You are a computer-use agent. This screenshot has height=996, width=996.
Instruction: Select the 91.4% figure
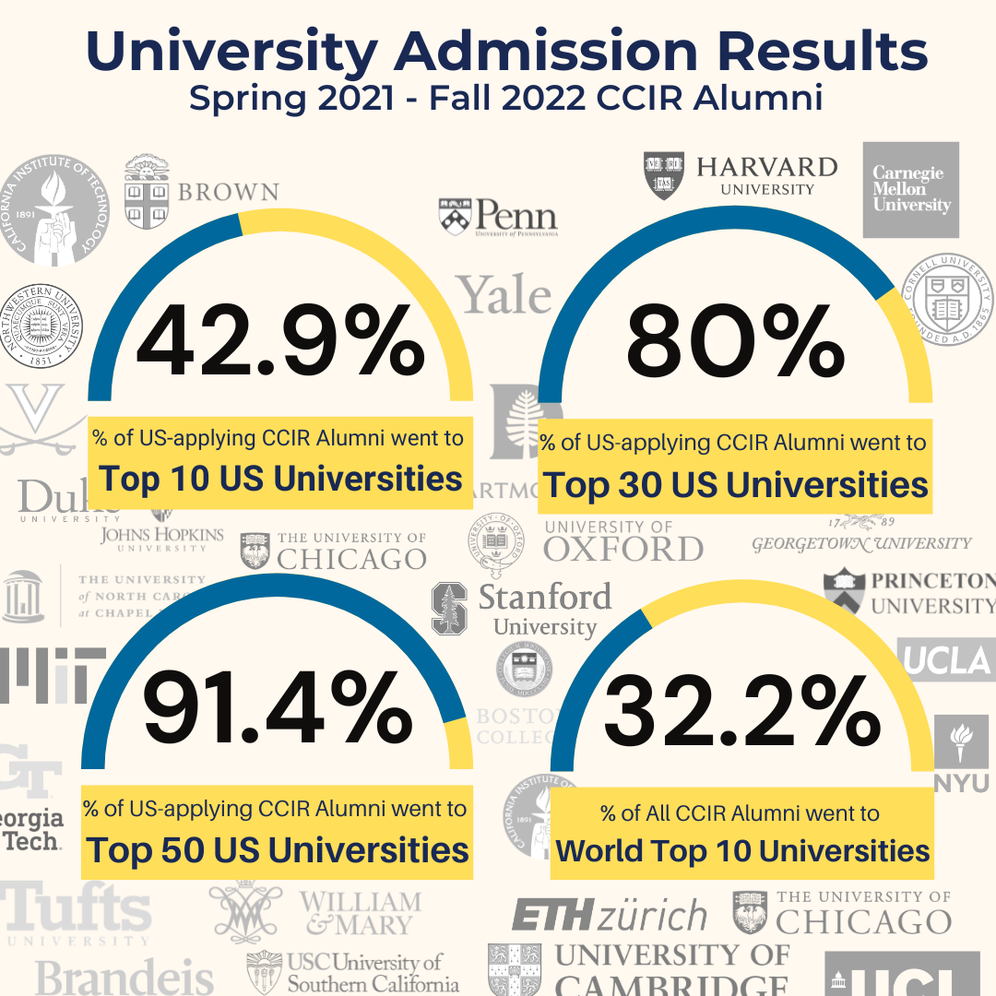[278, 710]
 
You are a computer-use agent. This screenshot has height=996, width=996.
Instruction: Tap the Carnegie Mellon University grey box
[910, 189]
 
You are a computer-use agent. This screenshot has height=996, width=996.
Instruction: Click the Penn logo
[498, 218]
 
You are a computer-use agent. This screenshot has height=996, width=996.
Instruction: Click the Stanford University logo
[521, 609]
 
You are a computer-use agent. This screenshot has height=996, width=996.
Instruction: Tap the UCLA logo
[947, 659]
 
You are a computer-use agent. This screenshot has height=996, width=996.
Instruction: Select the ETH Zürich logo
[609, 917]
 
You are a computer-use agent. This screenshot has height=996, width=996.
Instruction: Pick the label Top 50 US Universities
[277, 849]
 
